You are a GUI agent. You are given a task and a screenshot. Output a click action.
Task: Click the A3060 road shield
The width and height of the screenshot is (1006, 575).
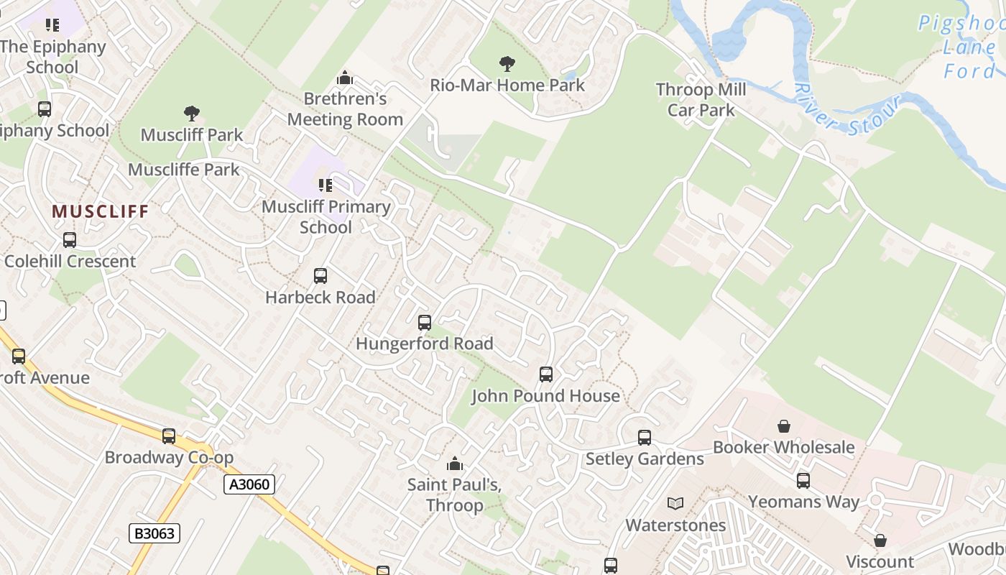coord(249,484)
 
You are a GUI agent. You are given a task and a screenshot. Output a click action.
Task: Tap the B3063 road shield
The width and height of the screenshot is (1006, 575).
coord(154,533)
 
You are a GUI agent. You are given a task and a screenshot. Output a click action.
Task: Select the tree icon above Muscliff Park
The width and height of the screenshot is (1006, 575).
coord(191,114)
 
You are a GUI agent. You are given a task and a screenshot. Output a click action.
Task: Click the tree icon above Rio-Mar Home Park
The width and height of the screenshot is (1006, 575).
coord(507,64)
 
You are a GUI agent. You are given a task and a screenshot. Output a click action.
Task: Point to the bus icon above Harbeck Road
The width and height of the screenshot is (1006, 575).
coord(320,276)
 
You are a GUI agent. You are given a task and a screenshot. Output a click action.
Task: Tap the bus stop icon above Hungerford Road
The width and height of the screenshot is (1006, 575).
coord(425,323)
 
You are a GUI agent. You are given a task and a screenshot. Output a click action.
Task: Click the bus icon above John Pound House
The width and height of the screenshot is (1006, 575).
coord(546,374)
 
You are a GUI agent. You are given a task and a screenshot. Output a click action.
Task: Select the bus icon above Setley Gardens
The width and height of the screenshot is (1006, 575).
coord(645,438)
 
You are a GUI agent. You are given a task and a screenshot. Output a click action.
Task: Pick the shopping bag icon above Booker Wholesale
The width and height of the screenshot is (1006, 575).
coord(784,426)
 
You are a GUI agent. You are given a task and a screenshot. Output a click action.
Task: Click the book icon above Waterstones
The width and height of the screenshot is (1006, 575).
coord(675,504)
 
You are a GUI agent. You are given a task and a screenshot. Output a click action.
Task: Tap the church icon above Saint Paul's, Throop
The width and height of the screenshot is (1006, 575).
coord(455,464)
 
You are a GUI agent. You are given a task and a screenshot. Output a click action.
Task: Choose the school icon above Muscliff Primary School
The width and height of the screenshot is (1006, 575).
coord(326,185)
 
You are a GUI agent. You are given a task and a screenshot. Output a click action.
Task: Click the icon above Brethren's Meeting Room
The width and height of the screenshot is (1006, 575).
coord(345,78)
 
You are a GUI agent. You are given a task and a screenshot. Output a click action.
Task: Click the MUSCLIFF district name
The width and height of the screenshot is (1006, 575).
coord(100,211)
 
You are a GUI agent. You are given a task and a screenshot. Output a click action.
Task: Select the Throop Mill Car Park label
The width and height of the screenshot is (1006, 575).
coord(701,100)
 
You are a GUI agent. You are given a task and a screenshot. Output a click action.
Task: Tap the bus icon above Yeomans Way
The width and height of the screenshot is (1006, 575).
coord(803,481)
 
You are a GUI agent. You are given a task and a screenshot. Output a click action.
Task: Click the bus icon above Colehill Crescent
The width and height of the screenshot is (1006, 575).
coord(70,240)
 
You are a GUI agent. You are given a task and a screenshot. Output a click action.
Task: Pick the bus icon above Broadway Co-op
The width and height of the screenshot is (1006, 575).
coord(169,436)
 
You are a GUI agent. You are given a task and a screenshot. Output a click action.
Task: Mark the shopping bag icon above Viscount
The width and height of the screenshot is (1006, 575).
coord(880,540)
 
